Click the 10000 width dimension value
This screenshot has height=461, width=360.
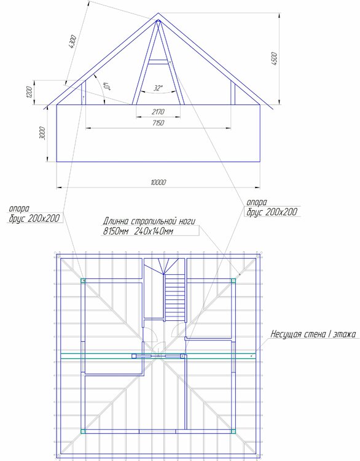pyautogui.click(x=158, y=183)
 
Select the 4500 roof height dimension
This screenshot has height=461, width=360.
pyautogui.click(x=274, y=58)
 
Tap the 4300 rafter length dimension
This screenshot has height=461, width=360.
pyautogui.click(x=72, y=42)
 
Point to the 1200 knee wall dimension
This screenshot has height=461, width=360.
pyautogui.click(x=29, y=92)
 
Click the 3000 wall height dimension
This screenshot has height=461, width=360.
pyautogui.click(x=42, y=133)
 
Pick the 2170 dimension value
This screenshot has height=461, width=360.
pyautogui.click(x=158, y=112)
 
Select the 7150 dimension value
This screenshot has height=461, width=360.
pyautogui.click(x=158, y=122)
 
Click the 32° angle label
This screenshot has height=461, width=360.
pyautogui.click(x=158, y=88)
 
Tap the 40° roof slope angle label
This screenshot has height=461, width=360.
pyautogui.click(x=106, y=86)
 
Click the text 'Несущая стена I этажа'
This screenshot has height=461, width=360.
pyautogui.click(x=313, y=334)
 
